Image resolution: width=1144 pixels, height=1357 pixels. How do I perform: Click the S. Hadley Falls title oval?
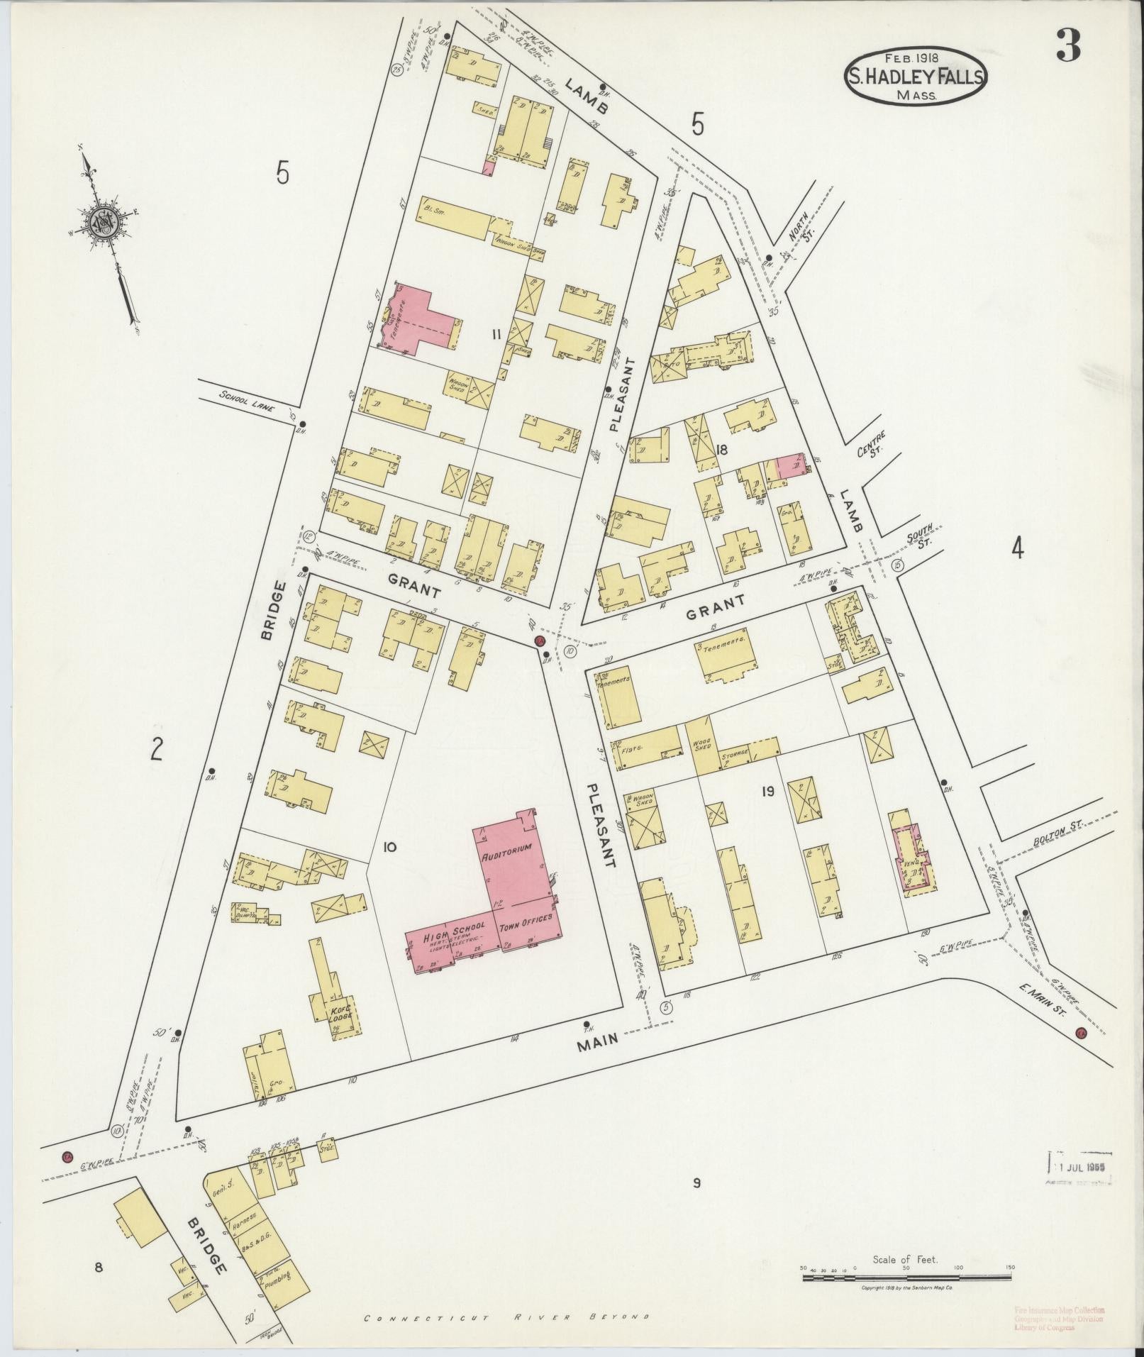click(915, 77)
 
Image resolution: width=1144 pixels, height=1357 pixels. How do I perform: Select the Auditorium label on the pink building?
click(506, 858)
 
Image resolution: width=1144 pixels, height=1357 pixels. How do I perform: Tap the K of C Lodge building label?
click(341, 1015)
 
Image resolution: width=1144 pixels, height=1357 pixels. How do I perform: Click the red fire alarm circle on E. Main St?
click(1081, 1032)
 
